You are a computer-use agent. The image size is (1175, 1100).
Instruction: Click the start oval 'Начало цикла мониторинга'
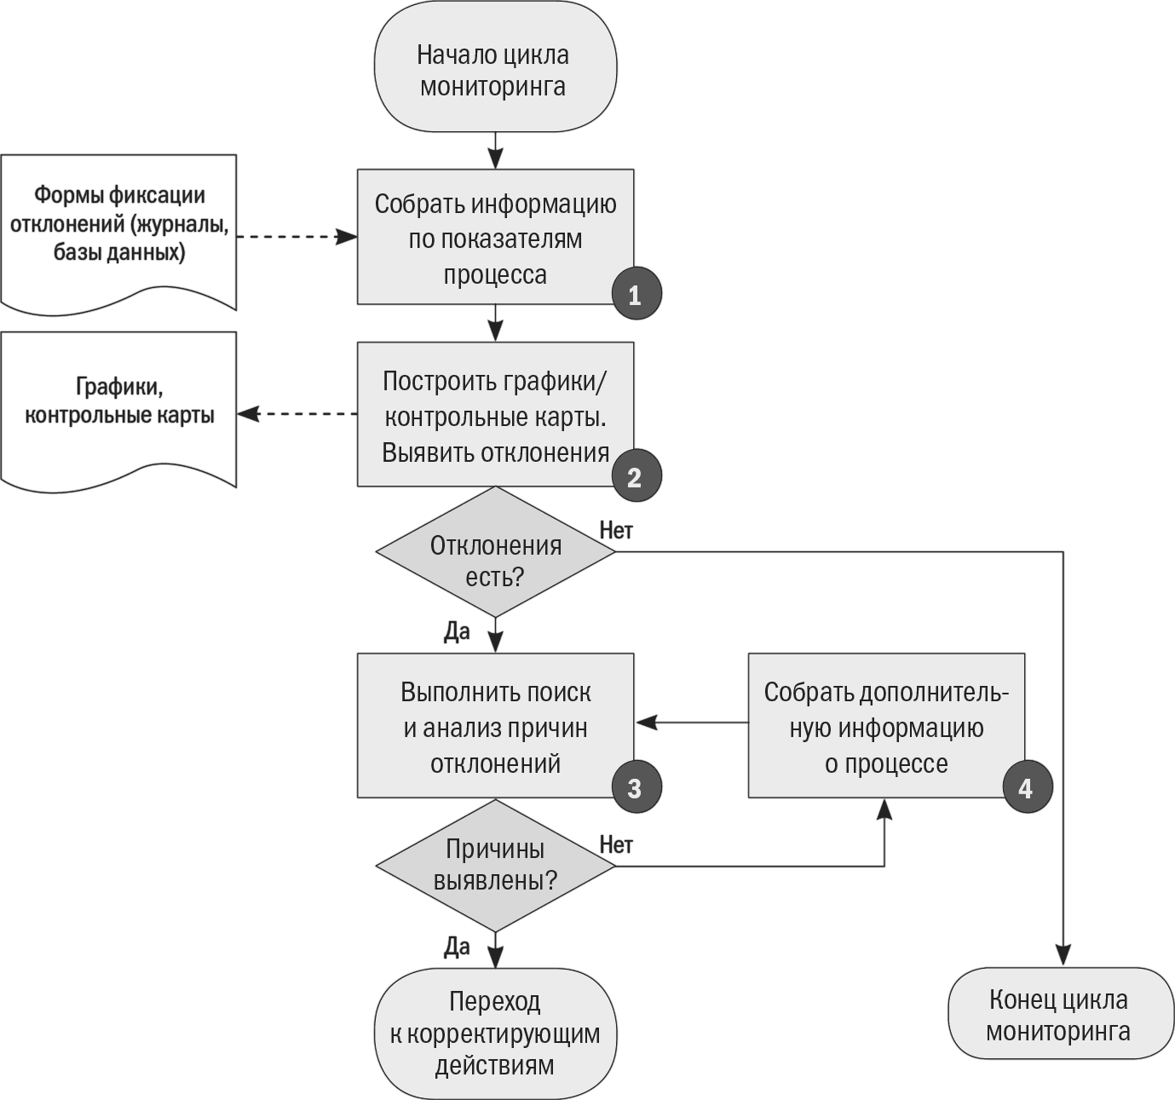[495, 66]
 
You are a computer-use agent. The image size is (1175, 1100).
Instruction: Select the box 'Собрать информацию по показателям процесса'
[495, 237]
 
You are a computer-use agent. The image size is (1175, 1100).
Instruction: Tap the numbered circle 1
[636, 293]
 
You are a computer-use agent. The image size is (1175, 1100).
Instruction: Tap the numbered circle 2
[636, 475]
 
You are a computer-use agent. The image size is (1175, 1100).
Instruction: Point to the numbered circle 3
[636, 787]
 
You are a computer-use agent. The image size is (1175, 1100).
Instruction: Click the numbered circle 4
[1028, 787]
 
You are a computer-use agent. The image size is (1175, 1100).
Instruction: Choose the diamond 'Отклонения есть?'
[495, 552]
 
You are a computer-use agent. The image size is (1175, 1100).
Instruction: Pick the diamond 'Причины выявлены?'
[495, 867]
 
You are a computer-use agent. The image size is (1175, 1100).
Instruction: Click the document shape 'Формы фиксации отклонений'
[118, 233]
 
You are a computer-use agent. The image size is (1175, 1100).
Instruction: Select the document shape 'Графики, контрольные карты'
[118, 412]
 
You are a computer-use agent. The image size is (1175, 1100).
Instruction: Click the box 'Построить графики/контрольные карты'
[495, 414]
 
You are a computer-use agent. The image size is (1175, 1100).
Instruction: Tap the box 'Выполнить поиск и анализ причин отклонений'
[495, 725]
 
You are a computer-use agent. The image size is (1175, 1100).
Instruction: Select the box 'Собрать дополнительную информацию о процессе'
[886, 725]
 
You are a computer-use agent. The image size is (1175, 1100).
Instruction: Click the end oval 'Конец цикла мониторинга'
[1061, 1014]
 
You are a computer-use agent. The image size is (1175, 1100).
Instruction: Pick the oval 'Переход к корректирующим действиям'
[495, 1034]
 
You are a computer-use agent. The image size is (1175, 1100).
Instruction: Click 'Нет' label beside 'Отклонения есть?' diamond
[616, 531]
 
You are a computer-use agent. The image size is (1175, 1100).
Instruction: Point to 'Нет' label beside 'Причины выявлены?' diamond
[616, 845]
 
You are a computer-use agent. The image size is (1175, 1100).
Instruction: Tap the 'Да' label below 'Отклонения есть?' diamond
[457, 632]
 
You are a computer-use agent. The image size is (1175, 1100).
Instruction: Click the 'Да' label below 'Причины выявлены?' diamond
[457, 947]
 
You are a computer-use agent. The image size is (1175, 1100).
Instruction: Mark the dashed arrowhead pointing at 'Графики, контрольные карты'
[249, 414]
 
